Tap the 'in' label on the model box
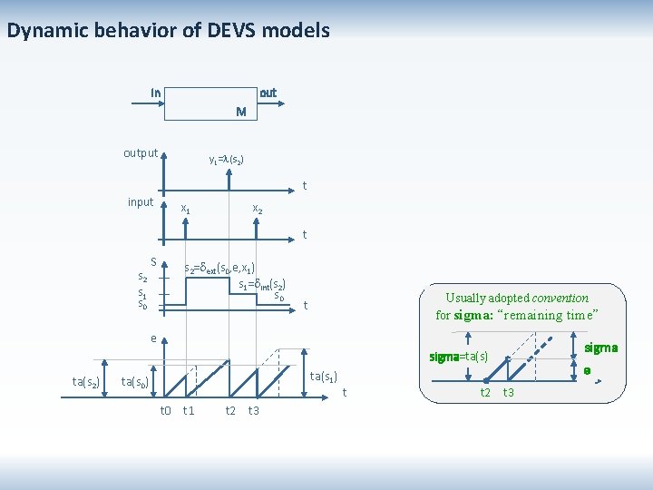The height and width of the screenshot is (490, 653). [156, 93]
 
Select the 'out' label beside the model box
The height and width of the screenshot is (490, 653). [268, 93]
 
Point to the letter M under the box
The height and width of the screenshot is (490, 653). [240, 113]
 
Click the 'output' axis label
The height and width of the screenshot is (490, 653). [141, 152]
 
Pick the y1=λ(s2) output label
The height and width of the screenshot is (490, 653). [226, 160]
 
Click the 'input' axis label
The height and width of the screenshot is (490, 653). [141, 201]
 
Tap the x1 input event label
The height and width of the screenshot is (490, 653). [186, 209]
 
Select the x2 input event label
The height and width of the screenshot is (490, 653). [257, 209]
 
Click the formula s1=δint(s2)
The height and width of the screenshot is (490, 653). [263, 285]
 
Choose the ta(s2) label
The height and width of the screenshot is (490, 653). [86, 380]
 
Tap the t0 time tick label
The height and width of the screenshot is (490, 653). [166, 410]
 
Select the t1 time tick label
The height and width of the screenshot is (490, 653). [189, 410]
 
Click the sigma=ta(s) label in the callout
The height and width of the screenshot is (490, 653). [459, 358]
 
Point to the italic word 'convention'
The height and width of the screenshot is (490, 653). [560, 298]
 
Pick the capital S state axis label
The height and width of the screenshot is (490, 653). [153, 262]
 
